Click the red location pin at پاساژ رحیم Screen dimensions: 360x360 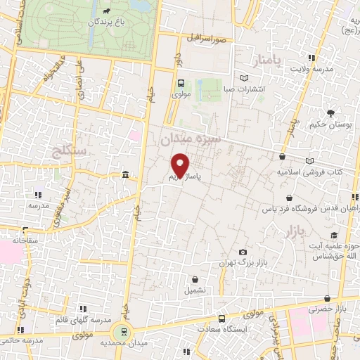[181, 165]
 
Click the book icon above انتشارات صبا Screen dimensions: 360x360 [244, 78]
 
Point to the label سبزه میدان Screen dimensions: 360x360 [191, 140]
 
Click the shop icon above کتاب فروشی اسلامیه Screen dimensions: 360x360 [282, 157]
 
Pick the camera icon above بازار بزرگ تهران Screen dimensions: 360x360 [243, 252]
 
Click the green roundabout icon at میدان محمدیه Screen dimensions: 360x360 [124, 332]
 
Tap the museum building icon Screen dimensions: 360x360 [124, 174]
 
